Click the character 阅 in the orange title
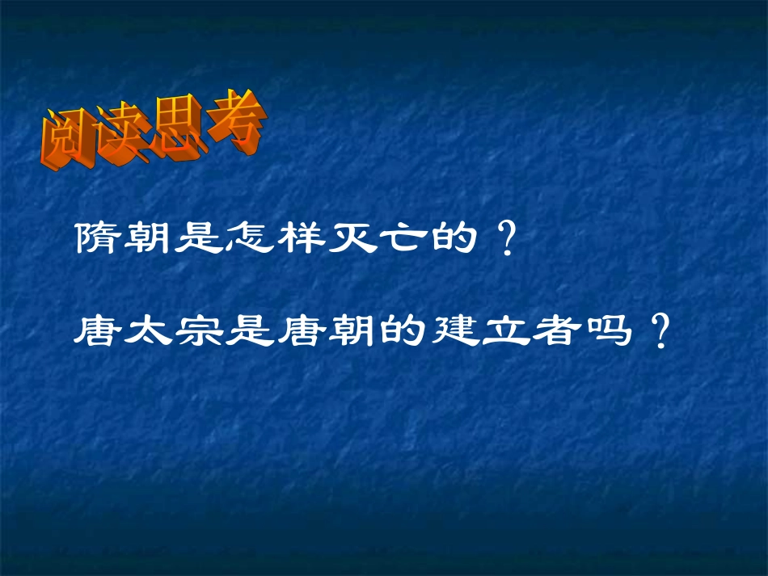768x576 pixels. click(x=69, y=142)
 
